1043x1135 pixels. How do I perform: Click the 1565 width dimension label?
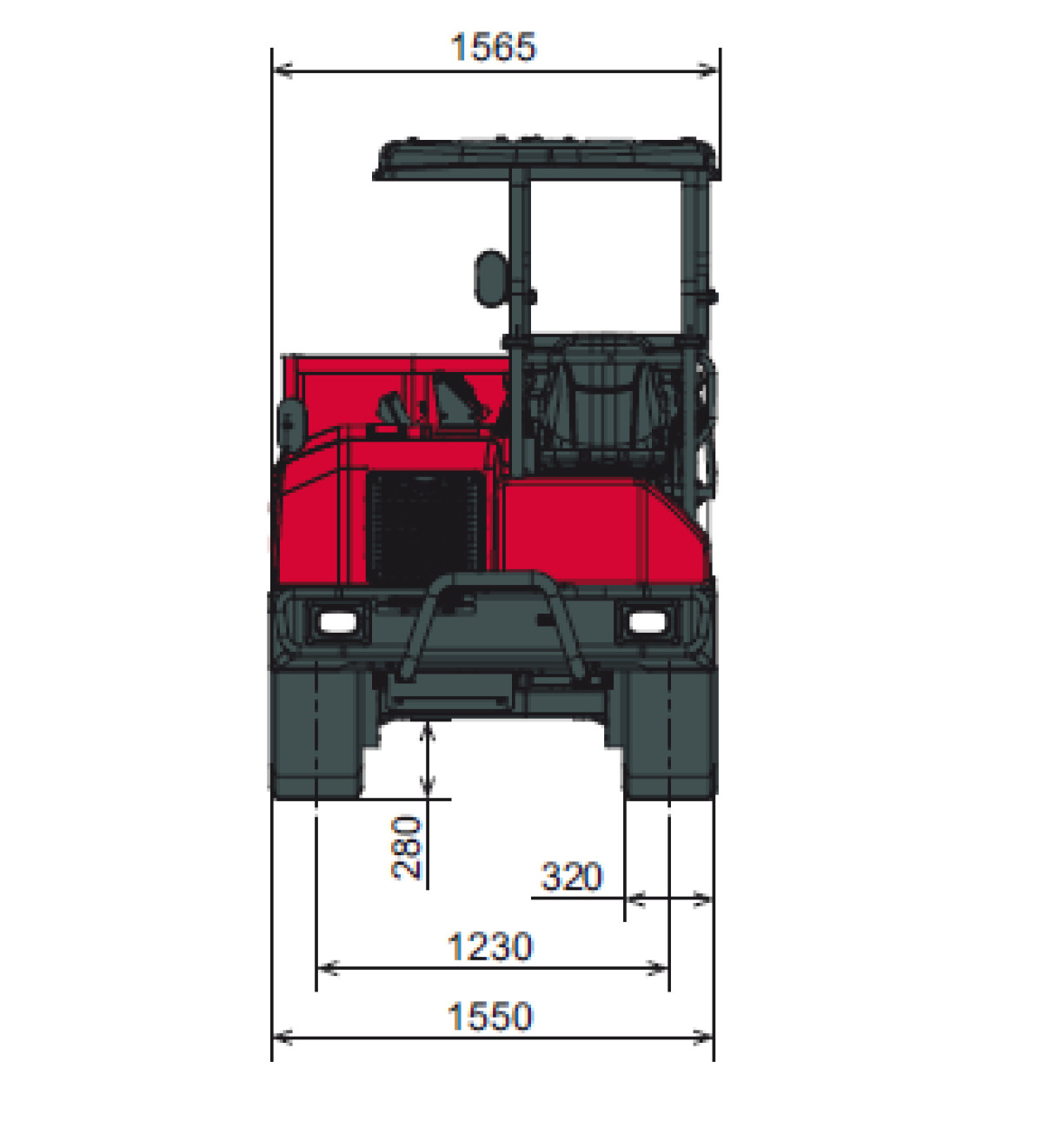pos(492,47)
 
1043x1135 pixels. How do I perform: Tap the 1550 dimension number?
pos(490,1017)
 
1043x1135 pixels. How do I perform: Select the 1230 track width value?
pos(490,946)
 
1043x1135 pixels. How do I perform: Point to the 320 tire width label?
pos(572,877)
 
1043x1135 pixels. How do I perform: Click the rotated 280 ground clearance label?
pos(407,847)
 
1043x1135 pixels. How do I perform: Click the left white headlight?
pos(338,622)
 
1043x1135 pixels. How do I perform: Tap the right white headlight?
pos(648,622)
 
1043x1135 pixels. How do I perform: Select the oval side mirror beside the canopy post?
pos(491,278)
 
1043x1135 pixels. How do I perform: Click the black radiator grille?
pos(426,529)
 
